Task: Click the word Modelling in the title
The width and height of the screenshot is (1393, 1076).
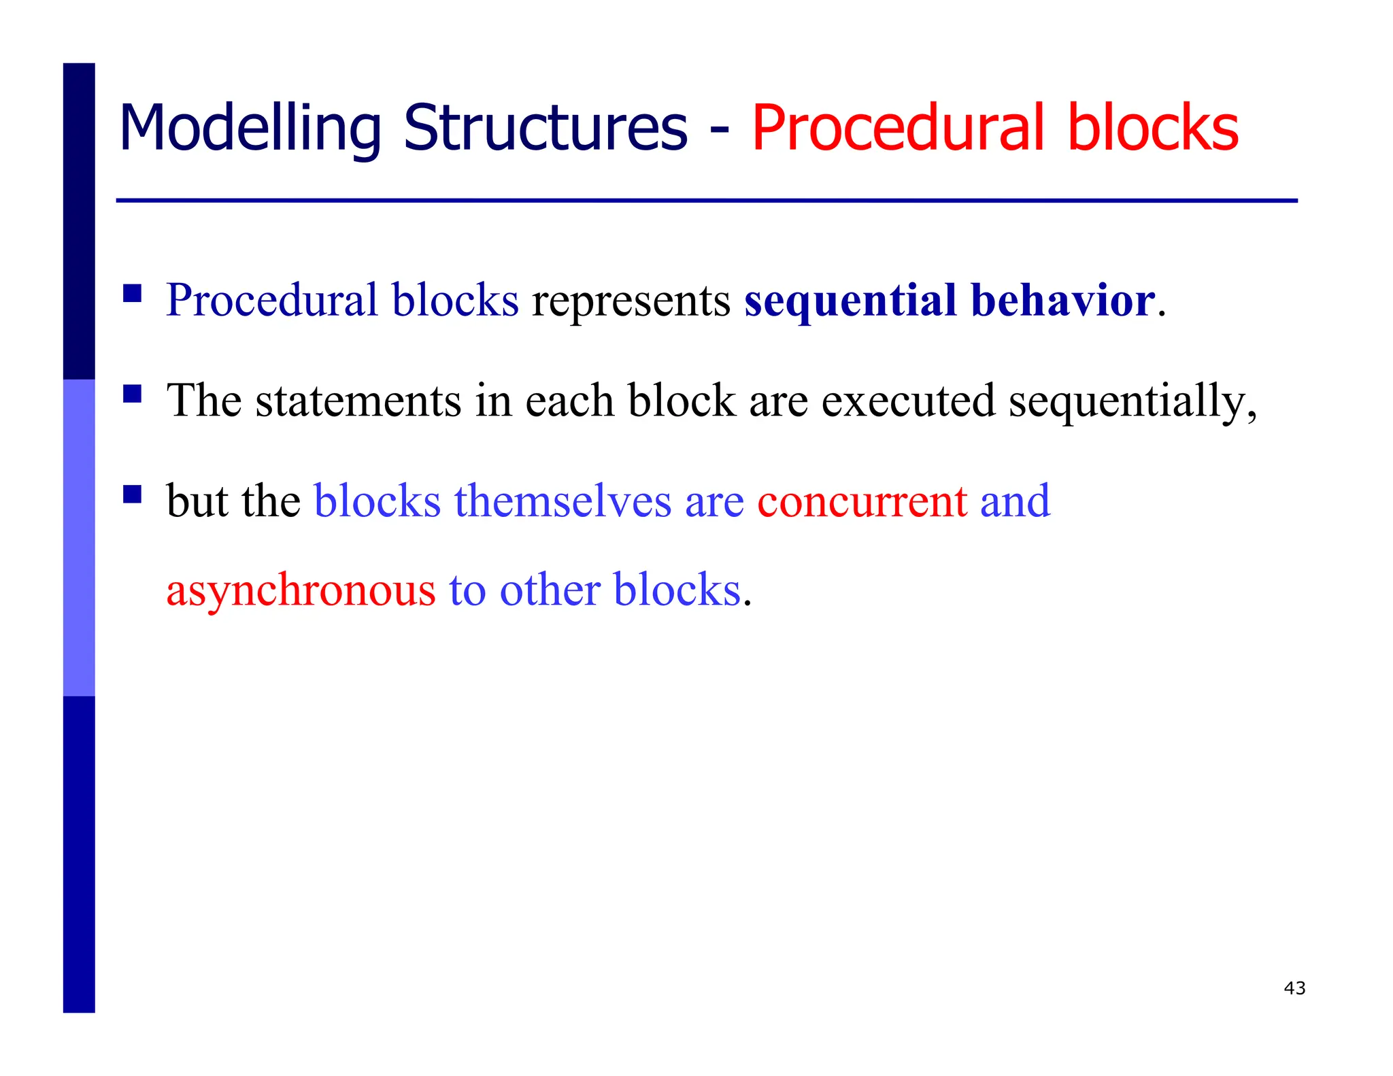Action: click(x=250, y=129)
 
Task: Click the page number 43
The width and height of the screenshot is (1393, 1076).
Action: click(x=1294, y=988)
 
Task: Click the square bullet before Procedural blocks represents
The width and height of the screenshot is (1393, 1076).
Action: click(x=132, y=293)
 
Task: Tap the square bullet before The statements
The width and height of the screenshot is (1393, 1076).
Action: click(x=132, y=394)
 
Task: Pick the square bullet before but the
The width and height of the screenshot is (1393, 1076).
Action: click(x=132, y=494)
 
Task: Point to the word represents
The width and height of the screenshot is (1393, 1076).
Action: click(x=631, y=302)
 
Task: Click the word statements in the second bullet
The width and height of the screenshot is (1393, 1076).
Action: click(x=358, y=401)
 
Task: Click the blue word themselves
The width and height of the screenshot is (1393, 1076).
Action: click(x=563, y=501)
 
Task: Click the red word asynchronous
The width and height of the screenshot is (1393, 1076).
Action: click(x=301, y=591)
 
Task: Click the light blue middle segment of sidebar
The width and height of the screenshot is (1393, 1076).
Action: click(x=79, y=537)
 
